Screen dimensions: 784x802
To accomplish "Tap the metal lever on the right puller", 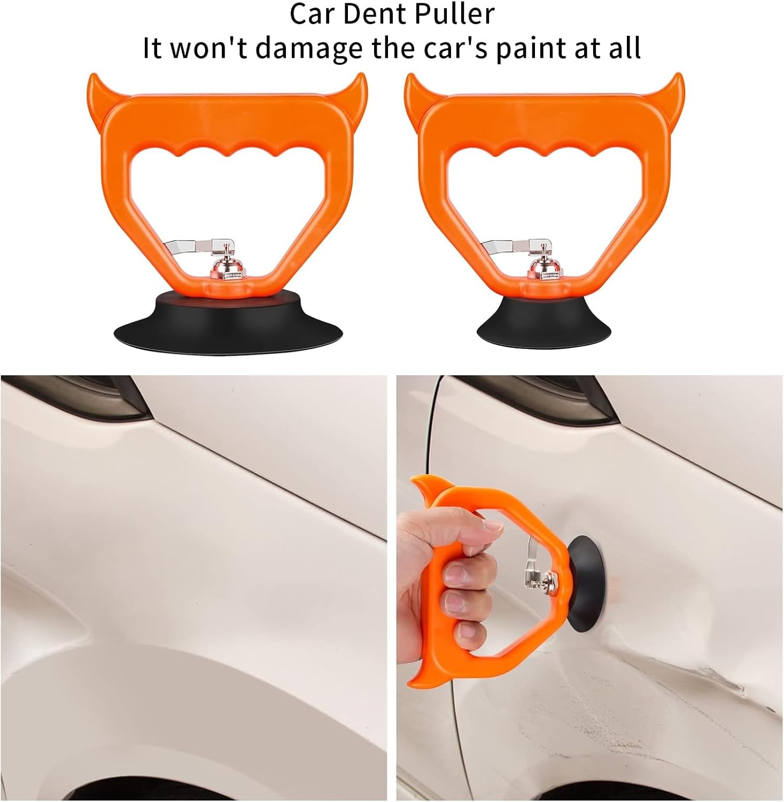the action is pos(514,246).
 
